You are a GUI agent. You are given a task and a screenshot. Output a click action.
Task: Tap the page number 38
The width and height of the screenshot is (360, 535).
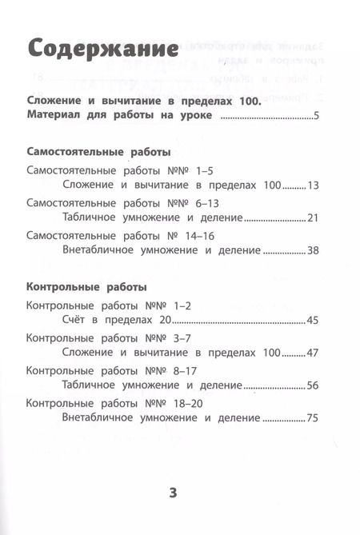coord(312,250)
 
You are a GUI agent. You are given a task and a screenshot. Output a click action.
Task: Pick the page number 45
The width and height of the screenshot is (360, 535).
coord(312,321)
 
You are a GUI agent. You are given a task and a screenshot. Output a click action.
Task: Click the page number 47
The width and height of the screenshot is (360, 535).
coord(312,353)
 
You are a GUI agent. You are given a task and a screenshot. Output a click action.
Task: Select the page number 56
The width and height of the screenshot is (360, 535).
coord(312,385)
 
